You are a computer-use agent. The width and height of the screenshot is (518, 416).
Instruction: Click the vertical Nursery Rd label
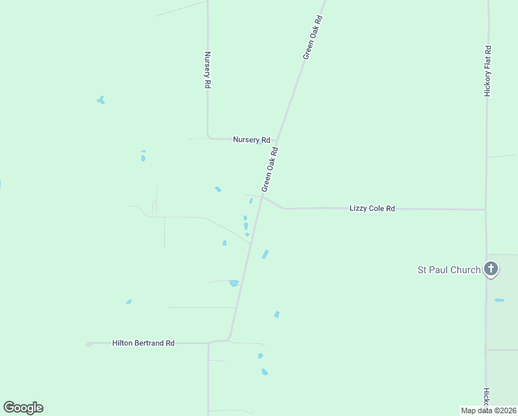[207, 70]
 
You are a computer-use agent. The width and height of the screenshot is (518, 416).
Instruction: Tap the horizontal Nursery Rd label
[251, 139]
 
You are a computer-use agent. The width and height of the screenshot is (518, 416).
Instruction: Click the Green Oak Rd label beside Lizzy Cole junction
[269, 169]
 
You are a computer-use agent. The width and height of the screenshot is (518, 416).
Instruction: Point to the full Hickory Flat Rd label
[488, 71]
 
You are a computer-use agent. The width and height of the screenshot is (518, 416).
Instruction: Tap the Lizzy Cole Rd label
[372, 208]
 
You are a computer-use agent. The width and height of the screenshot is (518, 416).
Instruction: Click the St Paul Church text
[448, 270]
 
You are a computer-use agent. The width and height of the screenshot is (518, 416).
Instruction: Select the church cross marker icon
[491, 268]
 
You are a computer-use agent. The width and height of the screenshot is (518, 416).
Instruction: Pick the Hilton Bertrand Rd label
[143, 343]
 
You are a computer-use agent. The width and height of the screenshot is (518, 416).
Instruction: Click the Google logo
[23, 408]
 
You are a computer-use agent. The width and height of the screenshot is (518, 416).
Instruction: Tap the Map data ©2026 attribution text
[488, 410]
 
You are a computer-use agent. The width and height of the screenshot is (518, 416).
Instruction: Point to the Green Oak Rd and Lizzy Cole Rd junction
[262, 197]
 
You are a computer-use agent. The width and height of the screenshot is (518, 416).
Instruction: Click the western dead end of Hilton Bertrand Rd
[89, 344]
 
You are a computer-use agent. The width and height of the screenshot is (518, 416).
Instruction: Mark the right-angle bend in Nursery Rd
[208, 137]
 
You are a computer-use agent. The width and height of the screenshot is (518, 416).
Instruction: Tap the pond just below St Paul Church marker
[499, 300]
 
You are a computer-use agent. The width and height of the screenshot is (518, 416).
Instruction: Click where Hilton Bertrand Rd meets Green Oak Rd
[228, 340]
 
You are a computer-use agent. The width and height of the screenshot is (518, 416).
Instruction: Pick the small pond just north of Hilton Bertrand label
[129, 302]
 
